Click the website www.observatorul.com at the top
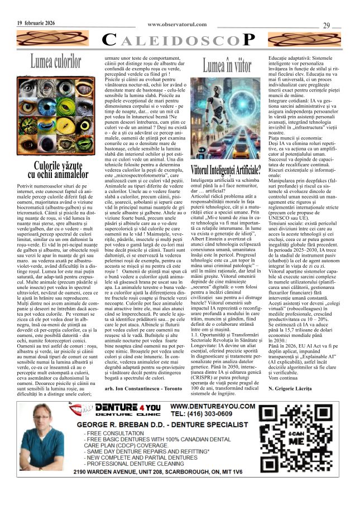[x=178, y=25]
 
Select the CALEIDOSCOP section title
[x=180, y=40]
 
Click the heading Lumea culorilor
[x=56, y=61]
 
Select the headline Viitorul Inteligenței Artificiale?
[x=227, y=169]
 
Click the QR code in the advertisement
[x=314, y=441]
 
